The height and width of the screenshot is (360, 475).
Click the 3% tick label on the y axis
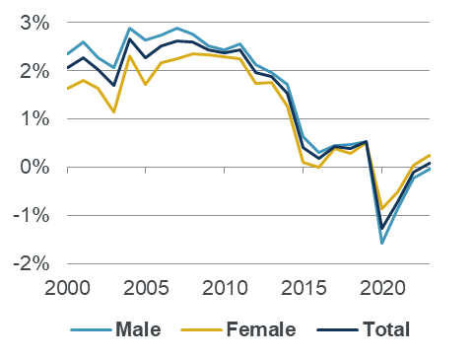coord(30,23)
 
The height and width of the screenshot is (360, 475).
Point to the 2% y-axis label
coord(30,71)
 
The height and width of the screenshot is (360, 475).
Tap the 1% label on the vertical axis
coord(30,119)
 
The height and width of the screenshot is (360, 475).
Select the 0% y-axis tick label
coord(30,168)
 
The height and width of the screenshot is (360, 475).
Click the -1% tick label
coord(26,216)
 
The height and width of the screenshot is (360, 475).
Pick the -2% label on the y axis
coord(26,263)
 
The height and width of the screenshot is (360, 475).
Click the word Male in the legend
coord(138,329)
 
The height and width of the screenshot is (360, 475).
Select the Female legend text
coord(261,329)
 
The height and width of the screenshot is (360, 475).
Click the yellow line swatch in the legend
coord(203,329)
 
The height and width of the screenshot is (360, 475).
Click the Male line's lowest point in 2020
coord(382,243)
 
